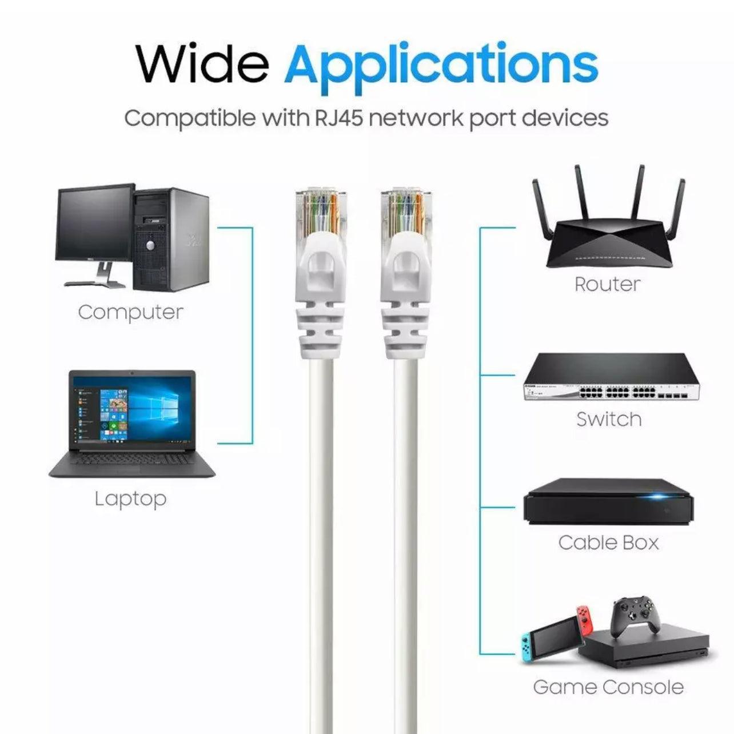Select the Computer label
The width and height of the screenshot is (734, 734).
pyautogui.click(x=131, y=313)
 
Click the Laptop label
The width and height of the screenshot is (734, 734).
pyautogui.click(x=131, y=498)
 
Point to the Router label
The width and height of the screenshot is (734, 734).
pyautogui.click(x=607, y=284)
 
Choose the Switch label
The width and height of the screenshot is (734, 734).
pyautogui.click(x=609, y=419)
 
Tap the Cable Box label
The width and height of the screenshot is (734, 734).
pyautogui.click(x=608, y=542)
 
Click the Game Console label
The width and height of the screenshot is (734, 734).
pyautogui.click(x=608, y=676)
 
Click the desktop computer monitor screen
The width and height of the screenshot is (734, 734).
pyautogui.click(x=95, y=224)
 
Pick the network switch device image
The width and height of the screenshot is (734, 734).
pyautogui.click(x=611, y=376)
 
